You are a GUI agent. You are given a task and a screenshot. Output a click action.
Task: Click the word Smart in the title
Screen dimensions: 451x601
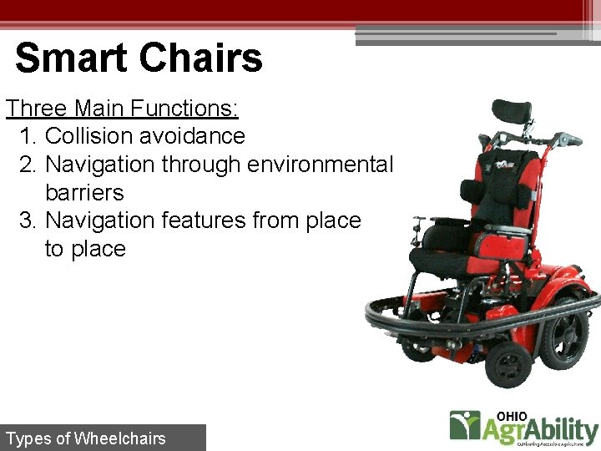point(72,58)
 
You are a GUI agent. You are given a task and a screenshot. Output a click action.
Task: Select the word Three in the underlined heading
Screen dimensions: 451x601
point(37,108)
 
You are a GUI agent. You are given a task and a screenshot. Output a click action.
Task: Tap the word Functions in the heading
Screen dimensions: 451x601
point(184,108)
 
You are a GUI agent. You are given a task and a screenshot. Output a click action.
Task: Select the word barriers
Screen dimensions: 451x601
point(84,193)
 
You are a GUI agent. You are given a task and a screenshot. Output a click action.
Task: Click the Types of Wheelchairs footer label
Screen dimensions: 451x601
point(86,438)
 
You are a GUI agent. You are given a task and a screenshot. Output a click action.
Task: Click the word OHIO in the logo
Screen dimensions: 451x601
point(513,415)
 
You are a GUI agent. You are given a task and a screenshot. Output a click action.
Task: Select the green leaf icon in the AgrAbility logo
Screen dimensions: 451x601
point(464,426)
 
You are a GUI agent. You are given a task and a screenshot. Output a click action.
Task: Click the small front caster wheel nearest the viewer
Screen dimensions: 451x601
point(508,364)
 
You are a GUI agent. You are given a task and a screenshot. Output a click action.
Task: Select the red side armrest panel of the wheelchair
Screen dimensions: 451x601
point(499,244)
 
